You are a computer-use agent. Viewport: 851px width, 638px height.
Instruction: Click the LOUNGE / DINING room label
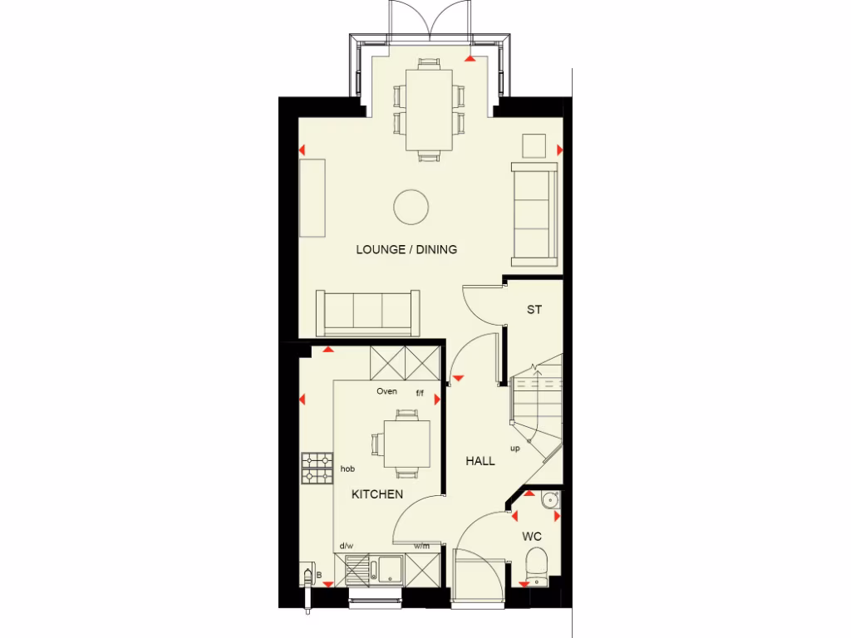click(406, 249)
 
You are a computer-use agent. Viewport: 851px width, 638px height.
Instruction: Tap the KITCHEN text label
click(376, 494)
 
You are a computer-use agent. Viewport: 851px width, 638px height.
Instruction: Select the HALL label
click(480, 461)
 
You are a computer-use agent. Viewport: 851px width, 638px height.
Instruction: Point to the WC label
click(532, 537)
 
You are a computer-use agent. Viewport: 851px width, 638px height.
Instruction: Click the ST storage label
click(534, 310)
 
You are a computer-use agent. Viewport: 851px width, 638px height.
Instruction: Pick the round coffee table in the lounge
click(411, 206)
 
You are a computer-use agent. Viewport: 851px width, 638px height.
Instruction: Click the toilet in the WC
click(537, 565)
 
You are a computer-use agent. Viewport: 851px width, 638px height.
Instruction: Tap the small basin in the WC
click(548, 500)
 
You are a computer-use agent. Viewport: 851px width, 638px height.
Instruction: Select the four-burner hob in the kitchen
click(317, 468)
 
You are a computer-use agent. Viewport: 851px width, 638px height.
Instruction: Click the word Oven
click(386, 391)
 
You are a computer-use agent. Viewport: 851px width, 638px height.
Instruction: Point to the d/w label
click(345, 546)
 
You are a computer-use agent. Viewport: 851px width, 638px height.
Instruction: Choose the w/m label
click(422, 546)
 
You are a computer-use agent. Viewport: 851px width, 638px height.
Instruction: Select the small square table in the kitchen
click(406, 444)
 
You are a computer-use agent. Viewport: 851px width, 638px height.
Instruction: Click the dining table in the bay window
click(429, 110)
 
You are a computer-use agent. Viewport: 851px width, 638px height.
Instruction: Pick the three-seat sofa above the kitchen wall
click(367, 311)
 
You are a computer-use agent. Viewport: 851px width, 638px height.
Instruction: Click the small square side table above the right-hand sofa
click(534, 145)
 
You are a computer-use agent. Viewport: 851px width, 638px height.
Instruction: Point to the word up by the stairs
click(515, 449)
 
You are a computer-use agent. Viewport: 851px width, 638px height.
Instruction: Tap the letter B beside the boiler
click(318, 574)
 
